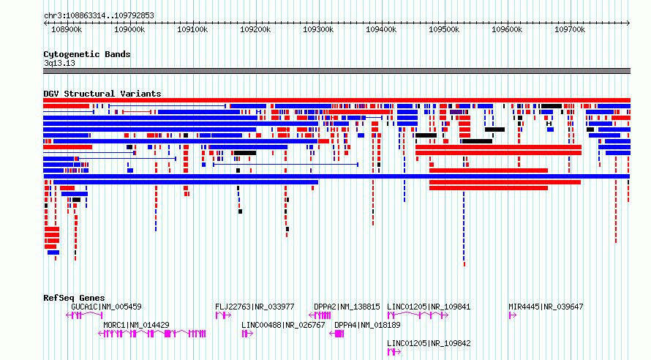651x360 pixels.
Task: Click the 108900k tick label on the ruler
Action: click(67, 29)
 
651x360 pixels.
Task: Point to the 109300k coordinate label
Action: click(318, 29)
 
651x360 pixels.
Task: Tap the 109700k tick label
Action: click(570, 29)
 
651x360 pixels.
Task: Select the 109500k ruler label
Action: click(444, 29)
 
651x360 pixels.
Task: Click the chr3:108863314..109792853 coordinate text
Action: click(99, 16)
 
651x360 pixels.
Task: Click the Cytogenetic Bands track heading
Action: click(87, 54)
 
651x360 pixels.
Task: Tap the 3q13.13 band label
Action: click(59, 63)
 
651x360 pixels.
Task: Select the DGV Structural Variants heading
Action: click(102, 94)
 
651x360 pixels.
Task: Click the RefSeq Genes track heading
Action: click(74, 298)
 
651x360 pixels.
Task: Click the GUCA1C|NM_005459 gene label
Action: click(106, 307)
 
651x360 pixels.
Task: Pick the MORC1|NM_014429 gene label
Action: click(136, 325)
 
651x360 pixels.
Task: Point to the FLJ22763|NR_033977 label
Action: click(255, 307)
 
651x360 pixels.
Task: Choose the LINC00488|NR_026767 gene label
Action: click(283, 325)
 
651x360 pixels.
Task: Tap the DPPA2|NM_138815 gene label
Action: click(347, 307)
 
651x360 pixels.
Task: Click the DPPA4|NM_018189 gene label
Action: click(367, 325)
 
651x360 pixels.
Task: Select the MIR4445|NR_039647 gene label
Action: click(546, 307)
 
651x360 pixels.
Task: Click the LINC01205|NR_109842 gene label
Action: click(429, 343)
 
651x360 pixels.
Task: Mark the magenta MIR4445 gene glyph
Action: click(512, 315)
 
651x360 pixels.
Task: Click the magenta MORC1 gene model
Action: click(152, 334)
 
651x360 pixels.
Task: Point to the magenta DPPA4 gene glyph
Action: click(336, 334)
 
